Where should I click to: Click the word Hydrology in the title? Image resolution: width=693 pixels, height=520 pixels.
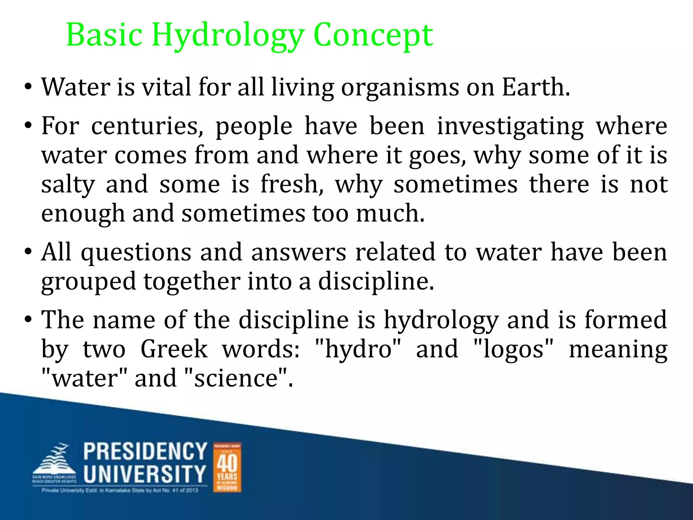pyautogui.click(x=227, y=35)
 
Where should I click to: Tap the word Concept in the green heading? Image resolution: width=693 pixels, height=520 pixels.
pyautogui.click(x=373, y=35)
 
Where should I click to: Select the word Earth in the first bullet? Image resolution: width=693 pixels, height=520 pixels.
pyautogui.click(x=536, y=87)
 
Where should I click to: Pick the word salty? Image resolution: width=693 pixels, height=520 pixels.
pyautogui.click(x=68, y=185)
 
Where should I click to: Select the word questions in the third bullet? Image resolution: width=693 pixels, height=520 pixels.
pyautogui.click(x=136, y=253)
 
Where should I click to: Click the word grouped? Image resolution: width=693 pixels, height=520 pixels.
pyautogui.click(x=89, y=282)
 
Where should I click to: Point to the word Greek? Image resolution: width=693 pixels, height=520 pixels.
pyautogui.click(x=174, y=349)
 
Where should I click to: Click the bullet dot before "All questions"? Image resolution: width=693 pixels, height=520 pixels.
pyautogui.click(x=28, y=252)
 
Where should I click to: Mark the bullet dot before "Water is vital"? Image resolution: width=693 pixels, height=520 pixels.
pyautogui.click(x=28, y=87)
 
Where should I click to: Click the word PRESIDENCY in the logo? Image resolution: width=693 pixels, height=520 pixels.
pyautogui.click(x=145, y=451)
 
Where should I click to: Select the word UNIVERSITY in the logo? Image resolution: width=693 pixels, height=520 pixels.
pyautogui.click(x=145, y=474)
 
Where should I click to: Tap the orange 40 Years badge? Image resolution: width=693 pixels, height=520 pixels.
pyautogui.click(x=227, y=467)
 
